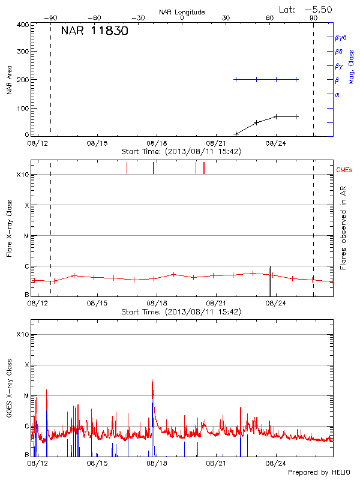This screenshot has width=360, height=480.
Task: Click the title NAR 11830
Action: pos(94,31)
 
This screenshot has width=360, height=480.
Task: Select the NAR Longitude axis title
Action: pos(182,11)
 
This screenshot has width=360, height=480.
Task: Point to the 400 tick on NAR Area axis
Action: pos(23,25)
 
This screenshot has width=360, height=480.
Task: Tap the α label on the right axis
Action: pos(337,94)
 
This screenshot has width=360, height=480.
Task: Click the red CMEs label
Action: pos(344,170)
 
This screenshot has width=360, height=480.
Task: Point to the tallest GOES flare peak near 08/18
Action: pos(152,380)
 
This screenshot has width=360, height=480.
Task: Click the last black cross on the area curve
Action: pos(296,116)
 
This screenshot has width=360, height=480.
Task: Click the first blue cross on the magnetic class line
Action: pos(236,79)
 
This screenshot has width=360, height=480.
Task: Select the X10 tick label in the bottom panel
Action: pos(22,334)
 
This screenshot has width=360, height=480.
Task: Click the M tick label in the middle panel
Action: pos(27,236)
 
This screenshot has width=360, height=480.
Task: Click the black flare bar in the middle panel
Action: pos(269,281)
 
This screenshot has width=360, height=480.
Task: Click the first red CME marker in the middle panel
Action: pos(127,168)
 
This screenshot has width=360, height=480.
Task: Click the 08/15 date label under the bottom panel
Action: pos(97,463)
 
